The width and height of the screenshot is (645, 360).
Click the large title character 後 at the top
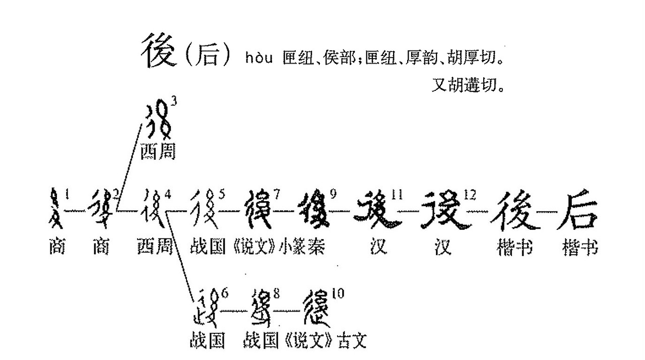click(159, 51)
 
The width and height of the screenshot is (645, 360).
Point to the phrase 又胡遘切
click(468, 84)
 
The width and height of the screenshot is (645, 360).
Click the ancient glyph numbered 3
click(158, 123)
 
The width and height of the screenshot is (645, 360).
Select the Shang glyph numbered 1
click(56, 210)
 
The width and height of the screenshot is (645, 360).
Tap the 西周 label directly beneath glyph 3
click(158, 151)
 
